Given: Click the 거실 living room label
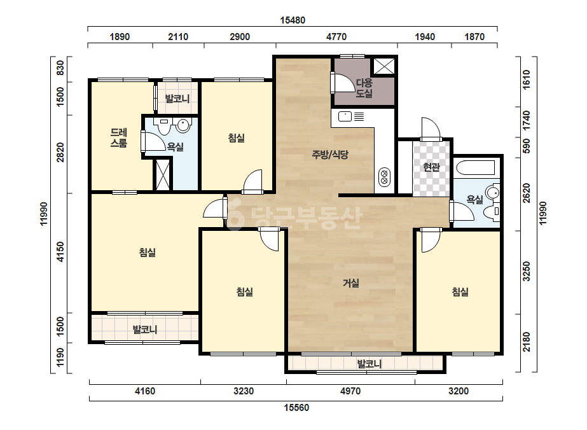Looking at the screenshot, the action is click(351, 283).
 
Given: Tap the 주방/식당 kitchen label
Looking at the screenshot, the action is click(330, 155).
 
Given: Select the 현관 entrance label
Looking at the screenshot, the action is click(431, 167).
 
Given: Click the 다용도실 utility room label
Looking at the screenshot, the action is click(364, 88).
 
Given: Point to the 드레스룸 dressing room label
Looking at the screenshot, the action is click(119, 137).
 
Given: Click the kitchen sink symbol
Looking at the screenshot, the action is click(345, 116).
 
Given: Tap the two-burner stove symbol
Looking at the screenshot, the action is click(384, 177).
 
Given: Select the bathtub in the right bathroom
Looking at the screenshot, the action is click(474, 167).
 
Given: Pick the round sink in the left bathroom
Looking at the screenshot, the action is click(183, 125).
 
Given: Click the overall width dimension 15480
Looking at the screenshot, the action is click(293, 20).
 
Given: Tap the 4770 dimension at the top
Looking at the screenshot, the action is click(336, 37).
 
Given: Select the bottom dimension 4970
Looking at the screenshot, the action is click(350, 391).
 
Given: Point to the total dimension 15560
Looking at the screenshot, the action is click(296, 408).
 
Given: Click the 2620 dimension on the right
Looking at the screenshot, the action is click(527, 193).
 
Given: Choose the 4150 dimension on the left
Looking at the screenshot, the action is click(60, 252).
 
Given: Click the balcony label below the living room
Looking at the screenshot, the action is click(369, 364).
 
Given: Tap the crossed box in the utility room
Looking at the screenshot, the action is click(383, 66).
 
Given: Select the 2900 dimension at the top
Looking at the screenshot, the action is click(240, 37).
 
